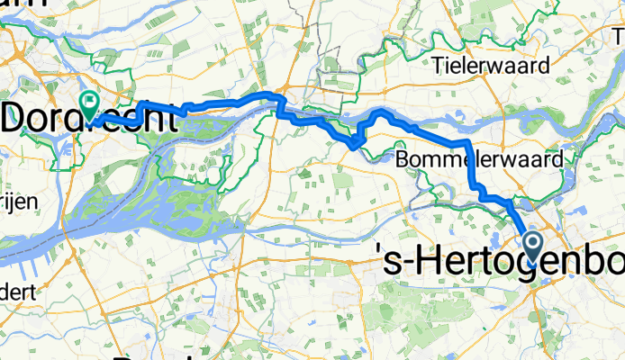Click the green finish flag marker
point(90,104)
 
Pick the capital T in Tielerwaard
point(438,65)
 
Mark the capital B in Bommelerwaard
point(403,159)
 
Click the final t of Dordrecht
point(168,118)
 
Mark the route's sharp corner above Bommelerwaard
point(469,144)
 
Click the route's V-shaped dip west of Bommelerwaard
point(358,141)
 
